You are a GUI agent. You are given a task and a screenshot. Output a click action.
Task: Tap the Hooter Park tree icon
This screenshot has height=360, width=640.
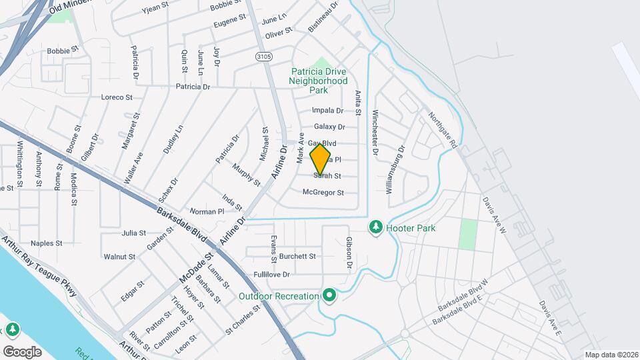point(375,228)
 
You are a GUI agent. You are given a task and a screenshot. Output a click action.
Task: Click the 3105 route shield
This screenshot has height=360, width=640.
point(263,57)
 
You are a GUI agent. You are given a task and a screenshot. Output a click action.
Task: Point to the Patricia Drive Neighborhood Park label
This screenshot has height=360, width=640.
point(318,81)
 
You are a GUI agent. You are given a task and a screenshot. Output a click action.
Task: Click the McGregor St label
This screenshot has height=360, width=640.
point(323,193)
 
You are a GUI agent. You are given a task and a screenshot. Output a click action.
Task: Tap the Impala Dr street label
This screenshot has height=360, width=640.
point(327,111)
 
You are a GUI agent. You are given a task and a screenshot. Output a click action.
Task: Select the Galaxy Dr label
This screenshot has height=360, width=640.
point(329,127)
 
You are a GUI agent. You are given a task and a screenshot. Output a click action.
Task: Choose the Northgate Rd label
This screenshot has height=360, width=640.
point(443,130)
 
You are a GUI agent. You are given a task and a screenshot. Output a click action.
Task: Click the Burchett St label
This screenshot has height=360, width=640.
point(297,256)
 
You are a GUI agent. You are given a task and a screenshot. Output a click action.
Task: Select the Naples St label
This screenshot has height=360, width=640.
point(46,243)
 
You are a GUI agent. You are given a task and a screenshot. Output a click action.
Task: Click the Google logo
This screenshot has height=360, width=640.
point(22,351)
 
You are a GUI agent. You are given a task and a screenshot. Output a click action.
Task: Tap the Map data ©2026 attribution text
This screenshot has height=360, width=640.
point(611,355)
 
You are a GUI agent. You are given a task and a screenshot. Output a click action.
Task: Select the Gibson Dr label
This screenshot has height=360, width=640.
point(349,253)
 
